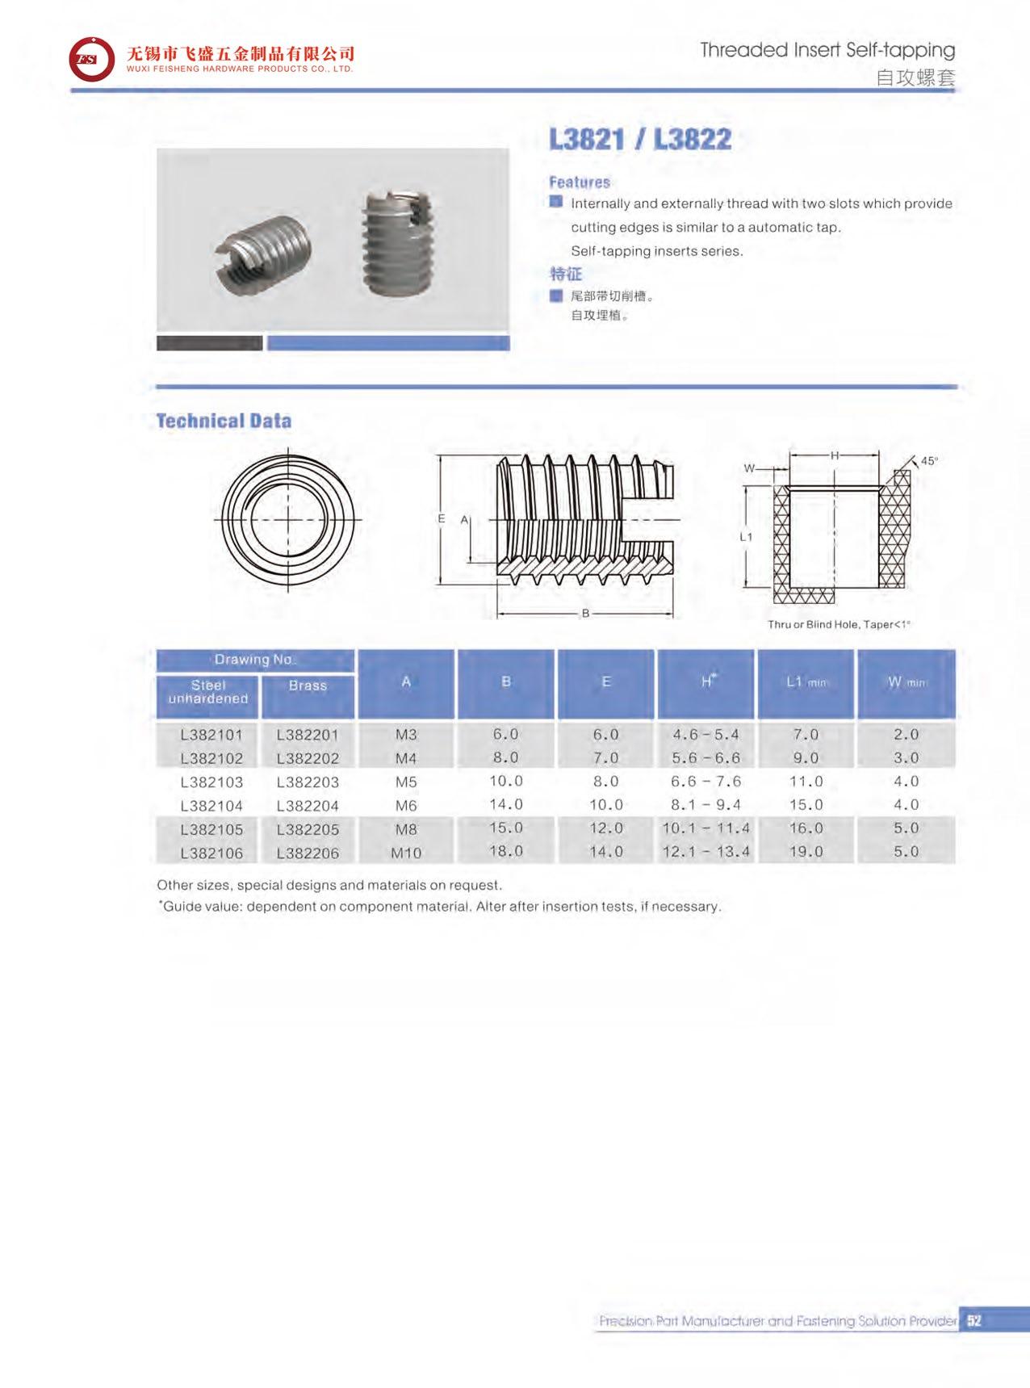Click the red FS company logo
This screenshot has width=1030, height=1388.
[91, 59]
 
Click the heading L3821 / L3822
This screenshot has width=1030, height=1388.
[639, 140]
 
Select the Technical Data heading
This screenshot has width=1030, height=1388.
[224, 421]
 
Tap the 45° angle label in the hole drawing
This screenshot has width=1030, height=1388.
[929, 461]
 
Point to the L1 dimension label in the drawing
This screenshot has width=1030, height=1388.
[746, 537]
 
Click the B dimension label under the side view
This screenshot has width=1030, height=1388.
[585, 614]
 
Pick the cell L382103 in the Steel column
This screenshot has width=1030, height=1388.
[211, 782]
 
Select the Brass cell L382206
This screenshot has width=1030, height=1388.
[308, 853]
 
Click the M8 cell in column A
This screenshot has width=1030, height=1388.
[406, 829]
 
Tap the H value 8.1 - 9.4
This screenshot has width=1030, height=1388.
[706, 805]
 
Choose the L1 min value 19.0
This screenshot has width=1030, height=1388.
[806, 852]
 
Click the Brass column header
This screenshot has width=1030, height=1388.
[308, 686]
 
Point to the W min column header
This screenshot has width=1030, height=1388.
[906, 682]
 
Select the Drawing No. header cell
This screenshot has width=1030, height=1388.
[255, 660]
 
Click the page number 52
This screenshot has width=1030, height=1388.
[973, 1321]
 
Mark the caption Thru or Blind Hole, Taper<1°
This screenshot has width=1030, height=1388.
[839, 624]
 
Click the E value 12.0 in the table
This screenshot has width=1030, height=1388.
[605, 828]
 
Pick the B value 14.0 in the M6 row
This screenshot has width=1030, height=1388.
[506, 805]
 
